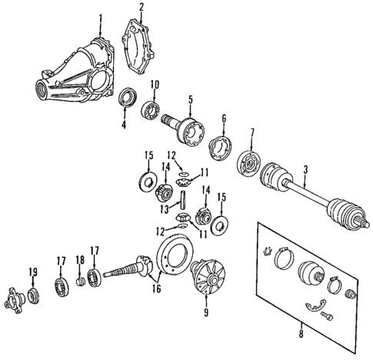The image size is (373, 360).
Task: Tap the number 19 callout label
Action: [x=33, y=272]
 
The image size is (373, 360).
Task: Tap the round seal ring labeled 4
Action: [x=128, y=98]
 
